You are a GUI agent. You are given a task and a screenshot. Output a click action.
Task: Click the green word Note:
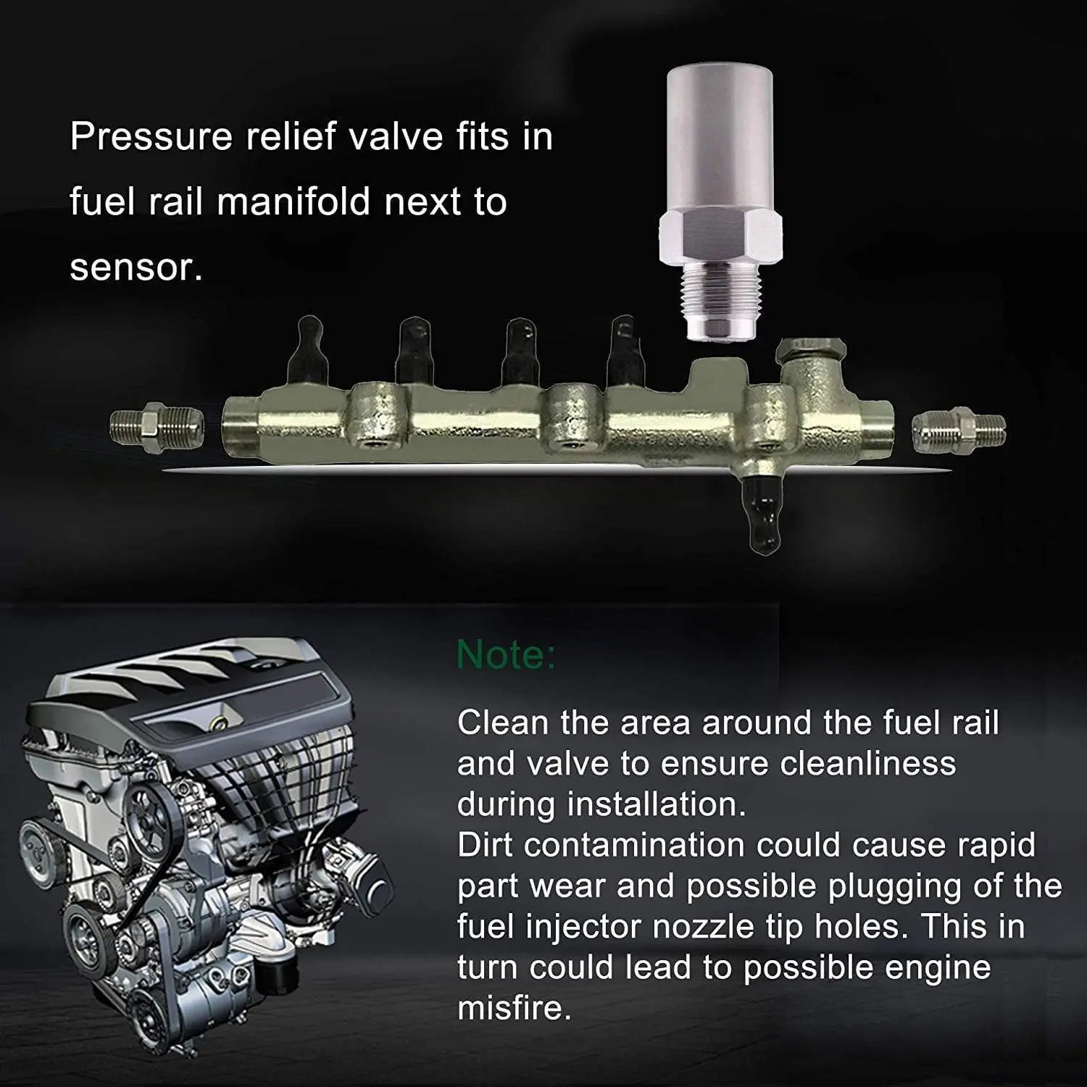point(506,654)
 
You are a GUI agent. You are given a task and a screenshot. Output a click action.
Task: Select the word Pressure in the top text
point(150,137)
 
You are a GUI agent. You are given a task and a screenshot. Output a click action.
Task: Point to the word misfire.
point(515,1007)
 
